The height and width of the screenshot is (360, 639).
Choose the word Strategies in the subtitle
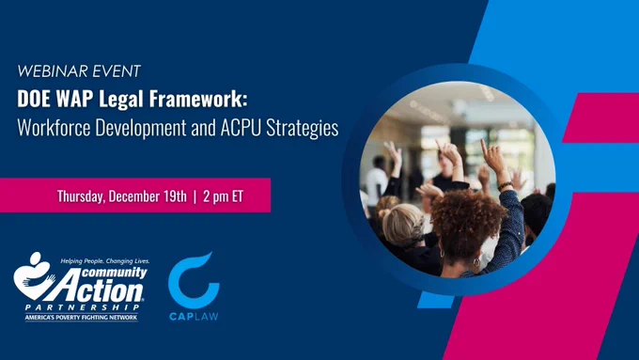pos(303,129)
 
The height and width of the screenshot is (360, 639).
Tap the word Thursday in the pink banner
pos(81,196)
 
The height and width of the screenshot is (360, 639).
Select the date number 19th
pos(175,196)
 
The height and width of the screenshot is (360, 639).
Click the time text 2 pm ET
pos(223,196)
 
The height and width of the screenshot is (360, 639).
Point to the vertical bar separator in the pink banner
pos(195,196)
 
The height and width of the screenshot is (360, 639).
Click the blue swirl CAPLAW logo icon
pos(194,280)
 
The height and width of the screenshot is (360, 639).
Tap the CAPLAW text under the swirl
pos(194,317)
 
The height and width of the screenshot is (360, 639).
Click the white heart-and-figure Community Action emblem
pos(34,276)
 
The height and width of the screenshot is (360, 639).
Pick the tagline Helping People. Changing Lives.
pos(104,260)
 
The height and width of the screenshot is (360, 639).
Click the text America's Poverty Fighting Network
pos(81,318)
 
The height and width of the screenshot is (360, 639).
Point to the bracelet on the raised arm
pos(505,186)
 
